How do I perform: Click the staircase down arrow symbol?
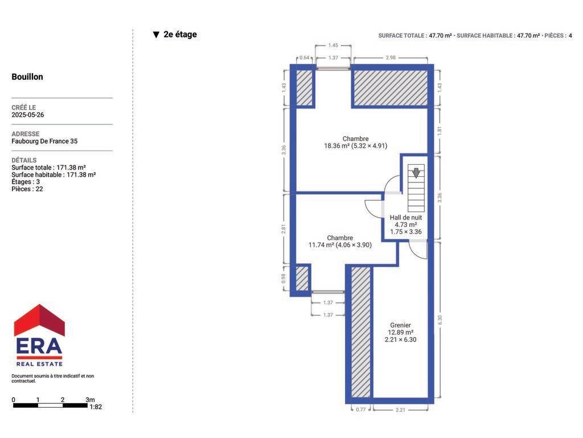pos(416,173)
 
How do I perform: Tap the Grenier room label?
pos(400,325)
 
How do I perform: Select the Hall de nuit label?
pos(405,217)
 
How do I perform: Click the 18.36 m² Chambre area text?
pos(355,146)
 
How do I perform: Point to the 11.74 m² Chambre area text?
pos(340,245)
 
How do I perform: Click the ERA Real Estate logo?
pos(39,335)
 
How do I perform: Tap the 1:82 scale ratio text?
pos(96,407)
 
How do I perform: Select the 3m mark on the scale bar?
pos(90,400)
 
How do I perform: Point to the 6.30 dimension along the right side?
pos(440,319)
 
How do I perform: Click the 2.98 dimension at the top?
pos(391,58)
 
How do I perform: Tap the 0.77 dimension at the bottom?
pos(360,409)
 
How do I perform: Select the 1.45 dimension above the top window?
pos(333,46)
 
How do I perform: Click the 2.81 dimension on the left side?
pos(284,228)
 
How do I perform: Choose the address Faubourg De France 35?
pos(44,141)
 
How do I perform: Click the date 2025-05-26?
pos(27,115)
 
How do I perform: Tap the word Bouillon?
pos(27,77)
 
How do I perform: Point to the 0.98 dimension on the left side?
pos(284,278)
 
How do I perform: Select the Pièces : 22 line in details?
pos(27,189)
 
